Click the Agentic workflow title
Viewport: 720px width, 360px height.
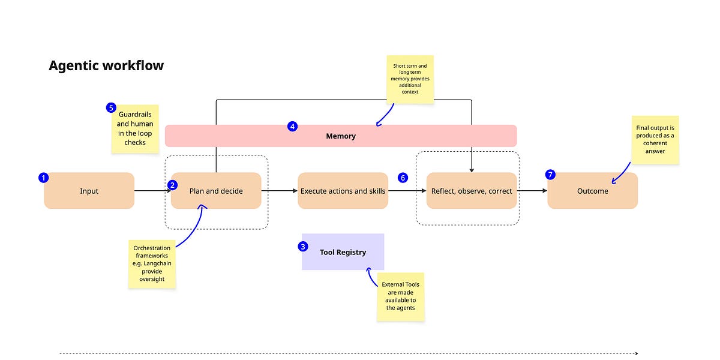(106, 66)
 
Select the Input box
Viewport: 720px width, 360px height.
(89, 191)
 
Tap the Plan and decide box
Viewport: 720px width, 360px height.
(216, 191)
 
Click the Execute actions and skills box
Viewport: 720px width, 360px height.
(343, 191)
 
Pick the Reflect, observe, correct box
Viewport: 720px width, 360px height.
(472, 191)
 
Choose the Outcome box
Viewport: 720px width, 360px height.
(592, 191)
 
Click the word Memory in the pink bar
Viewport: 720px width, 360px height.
(341, 136)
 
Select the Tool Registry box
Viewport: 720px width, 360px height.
(343, 252)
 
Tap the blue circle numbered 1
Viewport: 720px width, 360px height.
(43, 178)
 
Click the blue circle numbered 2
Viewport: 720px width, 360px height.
(173, 185)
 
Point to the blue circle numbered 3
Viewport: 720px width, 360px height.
(303, 246)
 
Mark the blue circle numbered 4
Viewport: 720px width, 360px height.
(292, 127)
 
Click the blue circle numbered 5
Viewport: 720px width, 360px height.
(110, 108)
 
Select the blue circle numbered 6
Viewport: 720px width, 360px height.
(403, 178)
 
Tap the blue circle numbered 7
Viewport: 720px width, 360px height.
(550, 175)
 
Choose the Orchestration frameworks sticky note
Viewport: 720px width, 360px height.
(152, 263)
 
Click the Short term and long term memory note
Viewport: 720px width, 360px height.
(410, 80)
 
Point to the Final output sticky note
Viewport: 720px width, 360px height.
(655, 139)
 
